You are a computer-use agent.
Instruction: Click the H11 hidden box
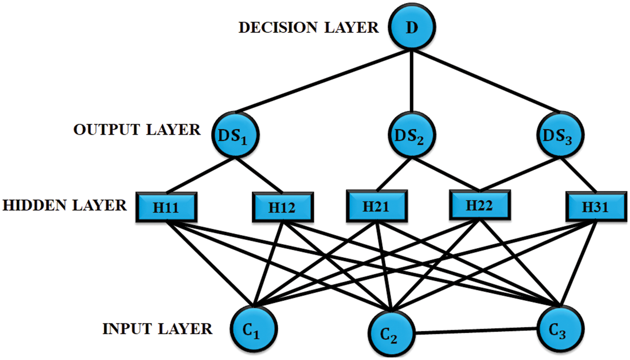click(166, 207)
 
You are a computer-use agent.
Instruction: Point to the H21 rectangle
click(375, 206)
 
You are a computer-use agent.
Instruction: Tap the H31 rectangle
click(595, 207)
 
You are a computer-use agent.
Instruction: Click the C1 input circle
click(254, 328)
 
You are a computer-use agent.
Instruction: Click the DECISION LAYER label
click(308, 27)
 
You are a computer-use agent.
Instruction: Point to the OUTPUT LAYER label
click(137, 130)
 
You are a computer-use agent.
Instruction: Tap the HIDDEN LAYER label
click(65, 206)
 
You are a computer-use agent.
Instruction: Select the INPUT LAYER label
click(157, 330)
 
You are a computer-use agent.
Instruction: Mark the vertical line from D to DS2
click(412, 81)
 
